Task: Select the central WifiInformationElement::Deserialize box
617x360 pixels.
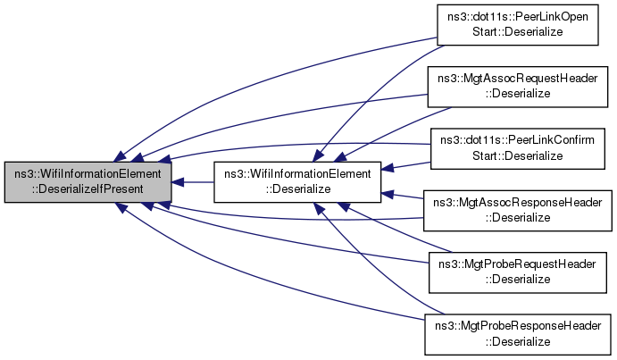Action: [296, 181]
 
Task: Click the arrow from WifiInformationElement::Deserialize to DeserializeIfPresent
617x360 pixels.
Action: [191, 181]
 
